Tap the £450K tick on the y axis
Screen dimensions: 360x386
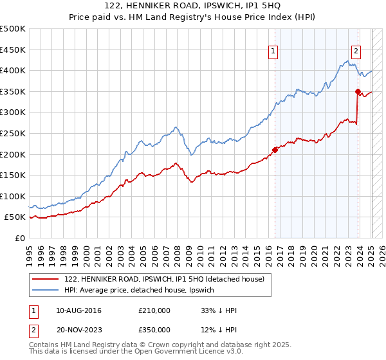(13, 50)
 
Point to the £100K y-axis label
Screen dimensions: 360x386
(13, 196)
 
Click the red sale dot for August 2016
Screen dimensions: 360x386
(275, 150)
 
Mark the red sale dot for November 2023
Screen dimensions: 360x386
(358, 91)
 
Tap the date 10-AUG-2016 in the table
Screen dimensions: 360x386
(78, 310)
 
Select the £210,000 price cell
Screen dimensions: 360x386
(154, 310)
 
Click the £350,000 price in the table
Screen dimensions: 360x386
(154, 330)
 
